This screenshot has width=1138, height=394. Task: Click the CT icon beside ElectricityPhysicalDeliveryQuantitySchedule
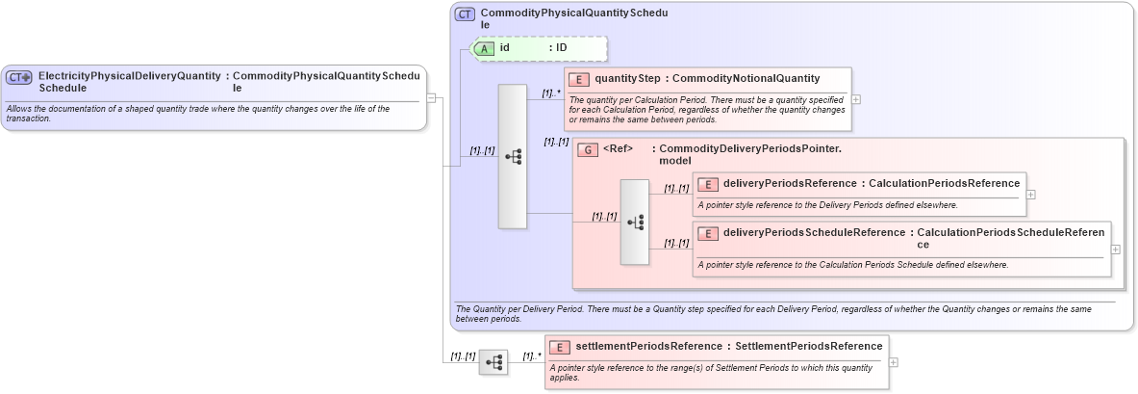tap(19, 78)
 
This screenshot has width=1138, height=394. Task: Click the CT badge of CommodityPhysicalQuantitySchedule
tap(465, 14)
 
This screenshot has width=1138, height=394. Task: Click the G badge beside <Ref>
tap(589, 149)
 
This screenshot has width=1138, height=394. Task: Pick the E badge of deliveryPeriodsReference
tap(707, 184)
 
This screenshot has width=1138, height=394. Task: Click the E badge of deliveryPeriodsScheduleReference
tap(707, 233)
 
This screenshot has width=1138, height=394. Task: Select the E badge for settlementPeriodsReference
tap(559, 347)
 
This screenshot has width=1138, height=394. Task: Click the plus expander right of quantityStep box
tap(856, 98)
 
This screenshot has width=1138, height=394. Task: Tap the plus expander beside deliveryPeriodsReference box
tap(1031, 194)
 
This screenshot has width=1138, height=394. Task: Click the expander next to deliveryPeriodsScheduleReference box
tap(1116, 249)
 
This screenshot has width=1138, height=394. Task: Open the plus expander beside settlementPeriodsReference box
tap(895, 362)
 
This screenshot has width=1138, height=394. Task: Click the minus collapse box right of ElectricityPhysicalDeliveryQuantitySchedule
tap(432, 96)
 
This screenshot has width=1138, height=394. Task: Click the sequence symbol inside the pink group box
tap(635, 222)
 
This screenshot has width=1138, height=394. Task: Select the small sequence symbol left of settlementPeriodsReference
tap(493, 362)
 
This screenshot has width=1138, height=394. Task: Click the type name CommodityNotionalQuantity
tap(746, 79)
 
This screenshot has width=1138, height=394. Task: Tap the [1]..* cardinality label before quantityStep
tap(551, 93)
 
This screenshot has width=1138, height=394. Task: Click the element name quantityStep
tap(627, 79)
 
